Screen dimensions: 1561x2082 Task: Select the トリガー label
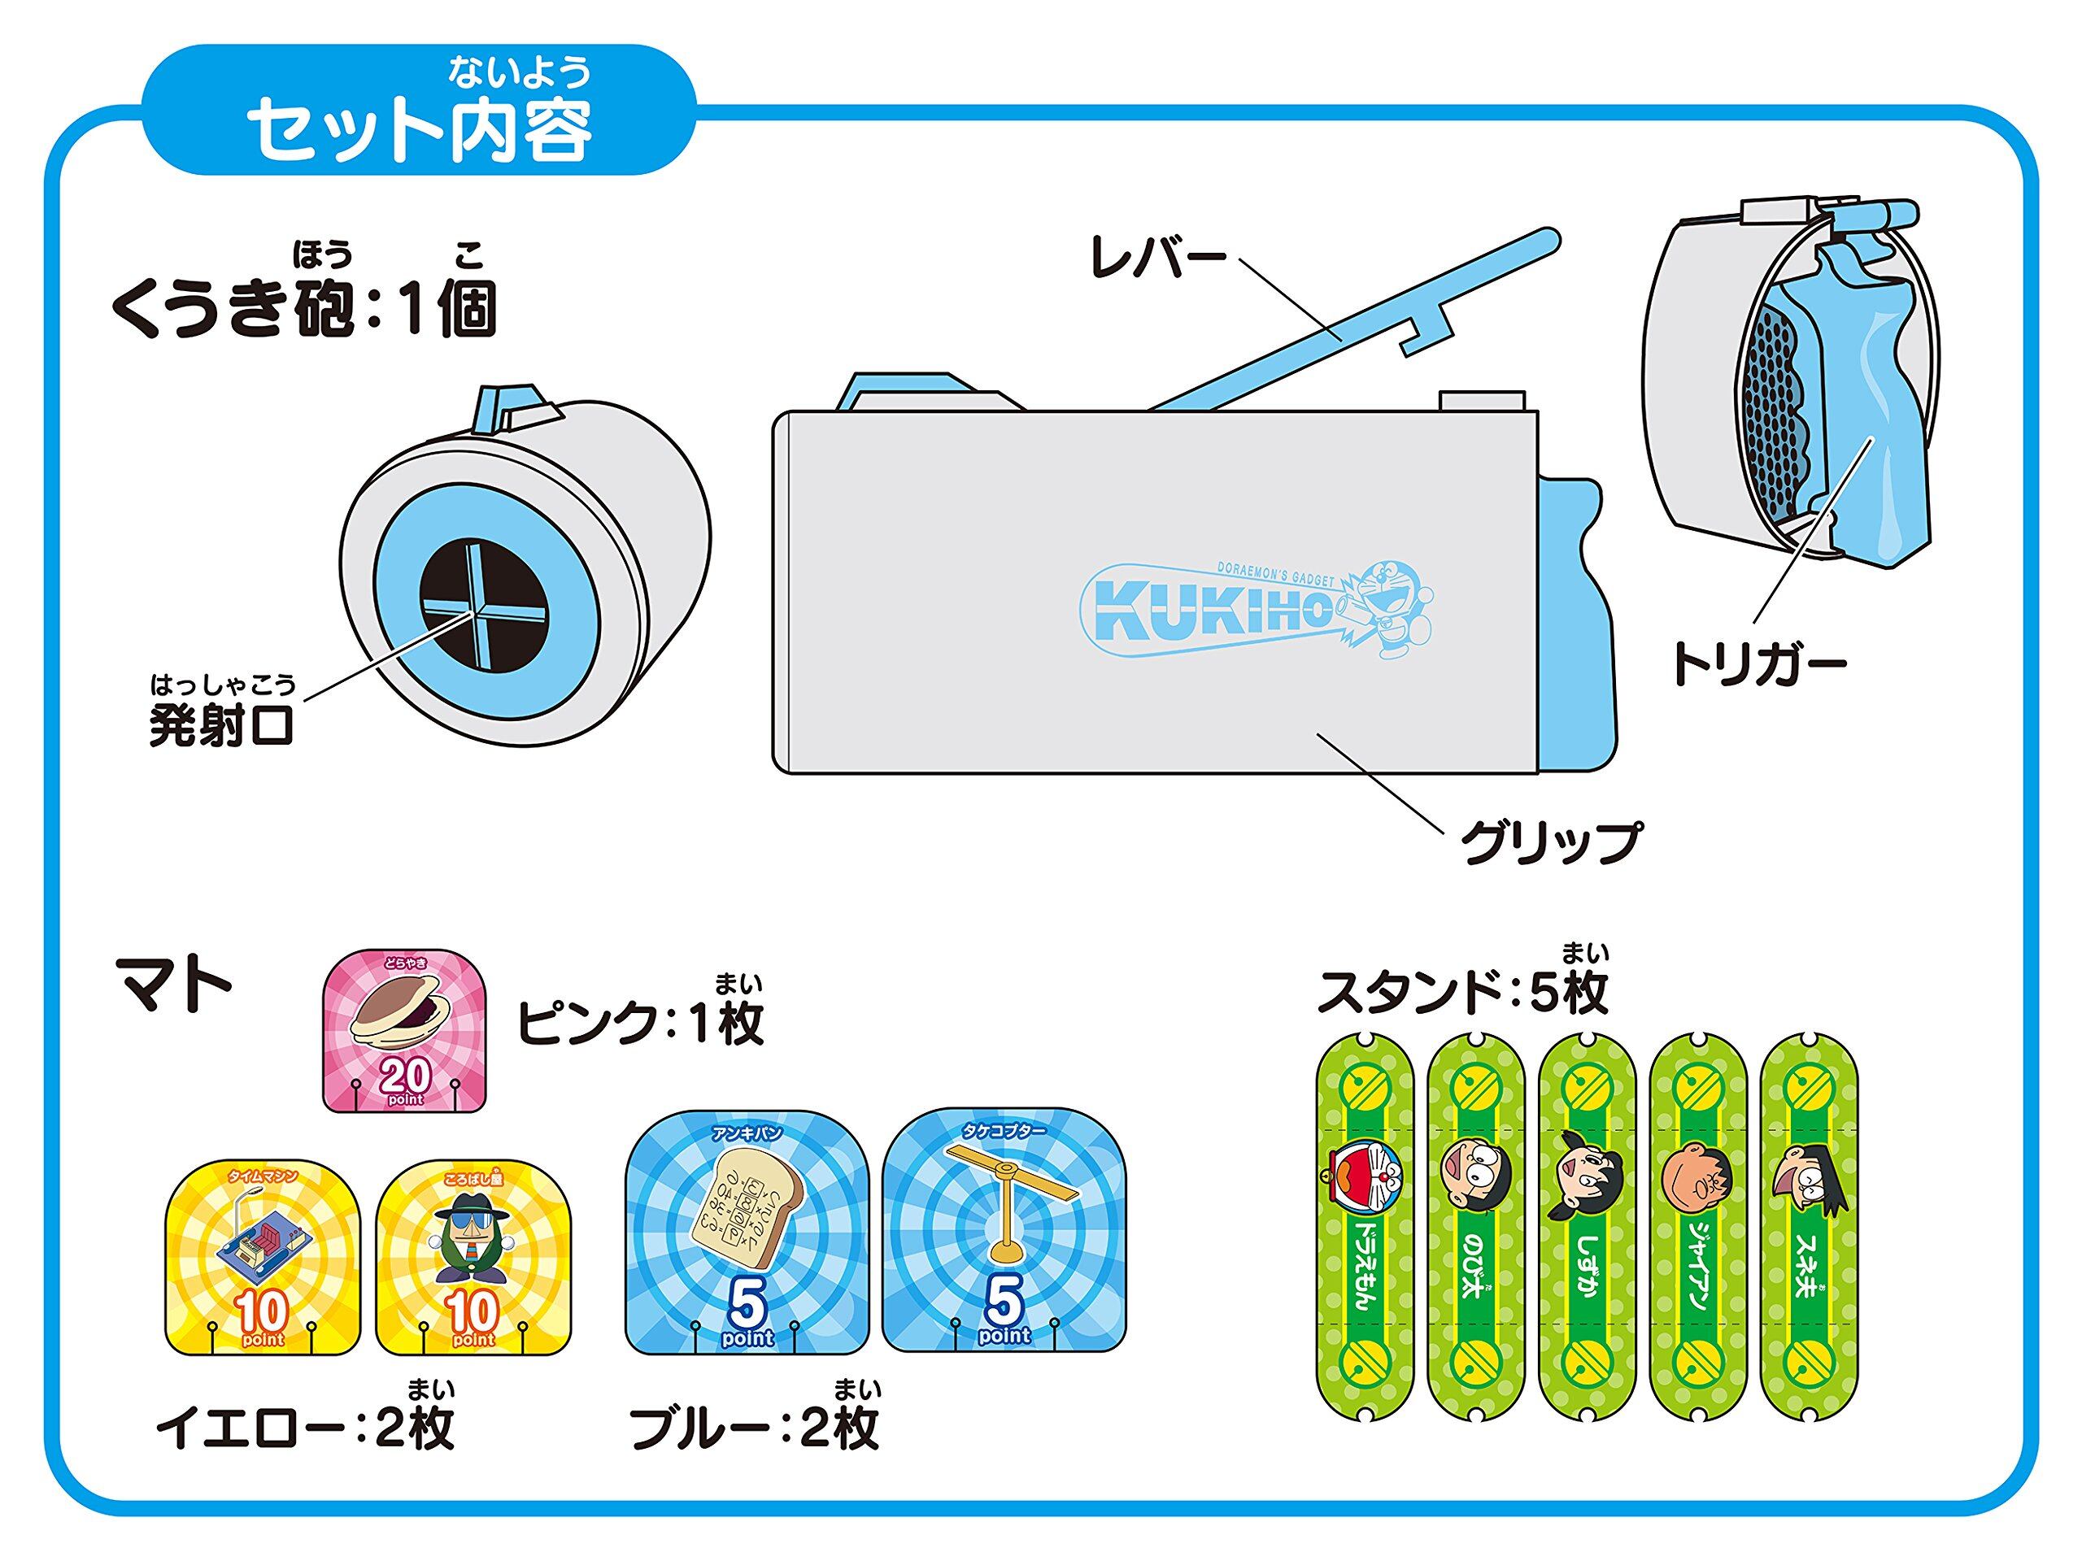coord(1758,665)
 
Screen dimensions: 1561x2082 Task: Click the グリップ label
coord(1549,840)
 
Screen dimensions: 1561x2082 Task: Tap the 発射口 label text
coord(222,724)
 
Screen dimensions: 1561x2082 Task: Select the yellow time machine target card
coord(263,1257)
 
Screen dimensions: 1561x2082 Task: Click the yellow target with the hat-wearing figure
coord(473,1257)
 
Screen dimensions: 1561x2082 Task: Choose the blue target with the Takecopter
coord(1004,1231)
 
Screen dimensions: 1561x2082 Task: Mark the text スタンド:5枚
coord(1461,992)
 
